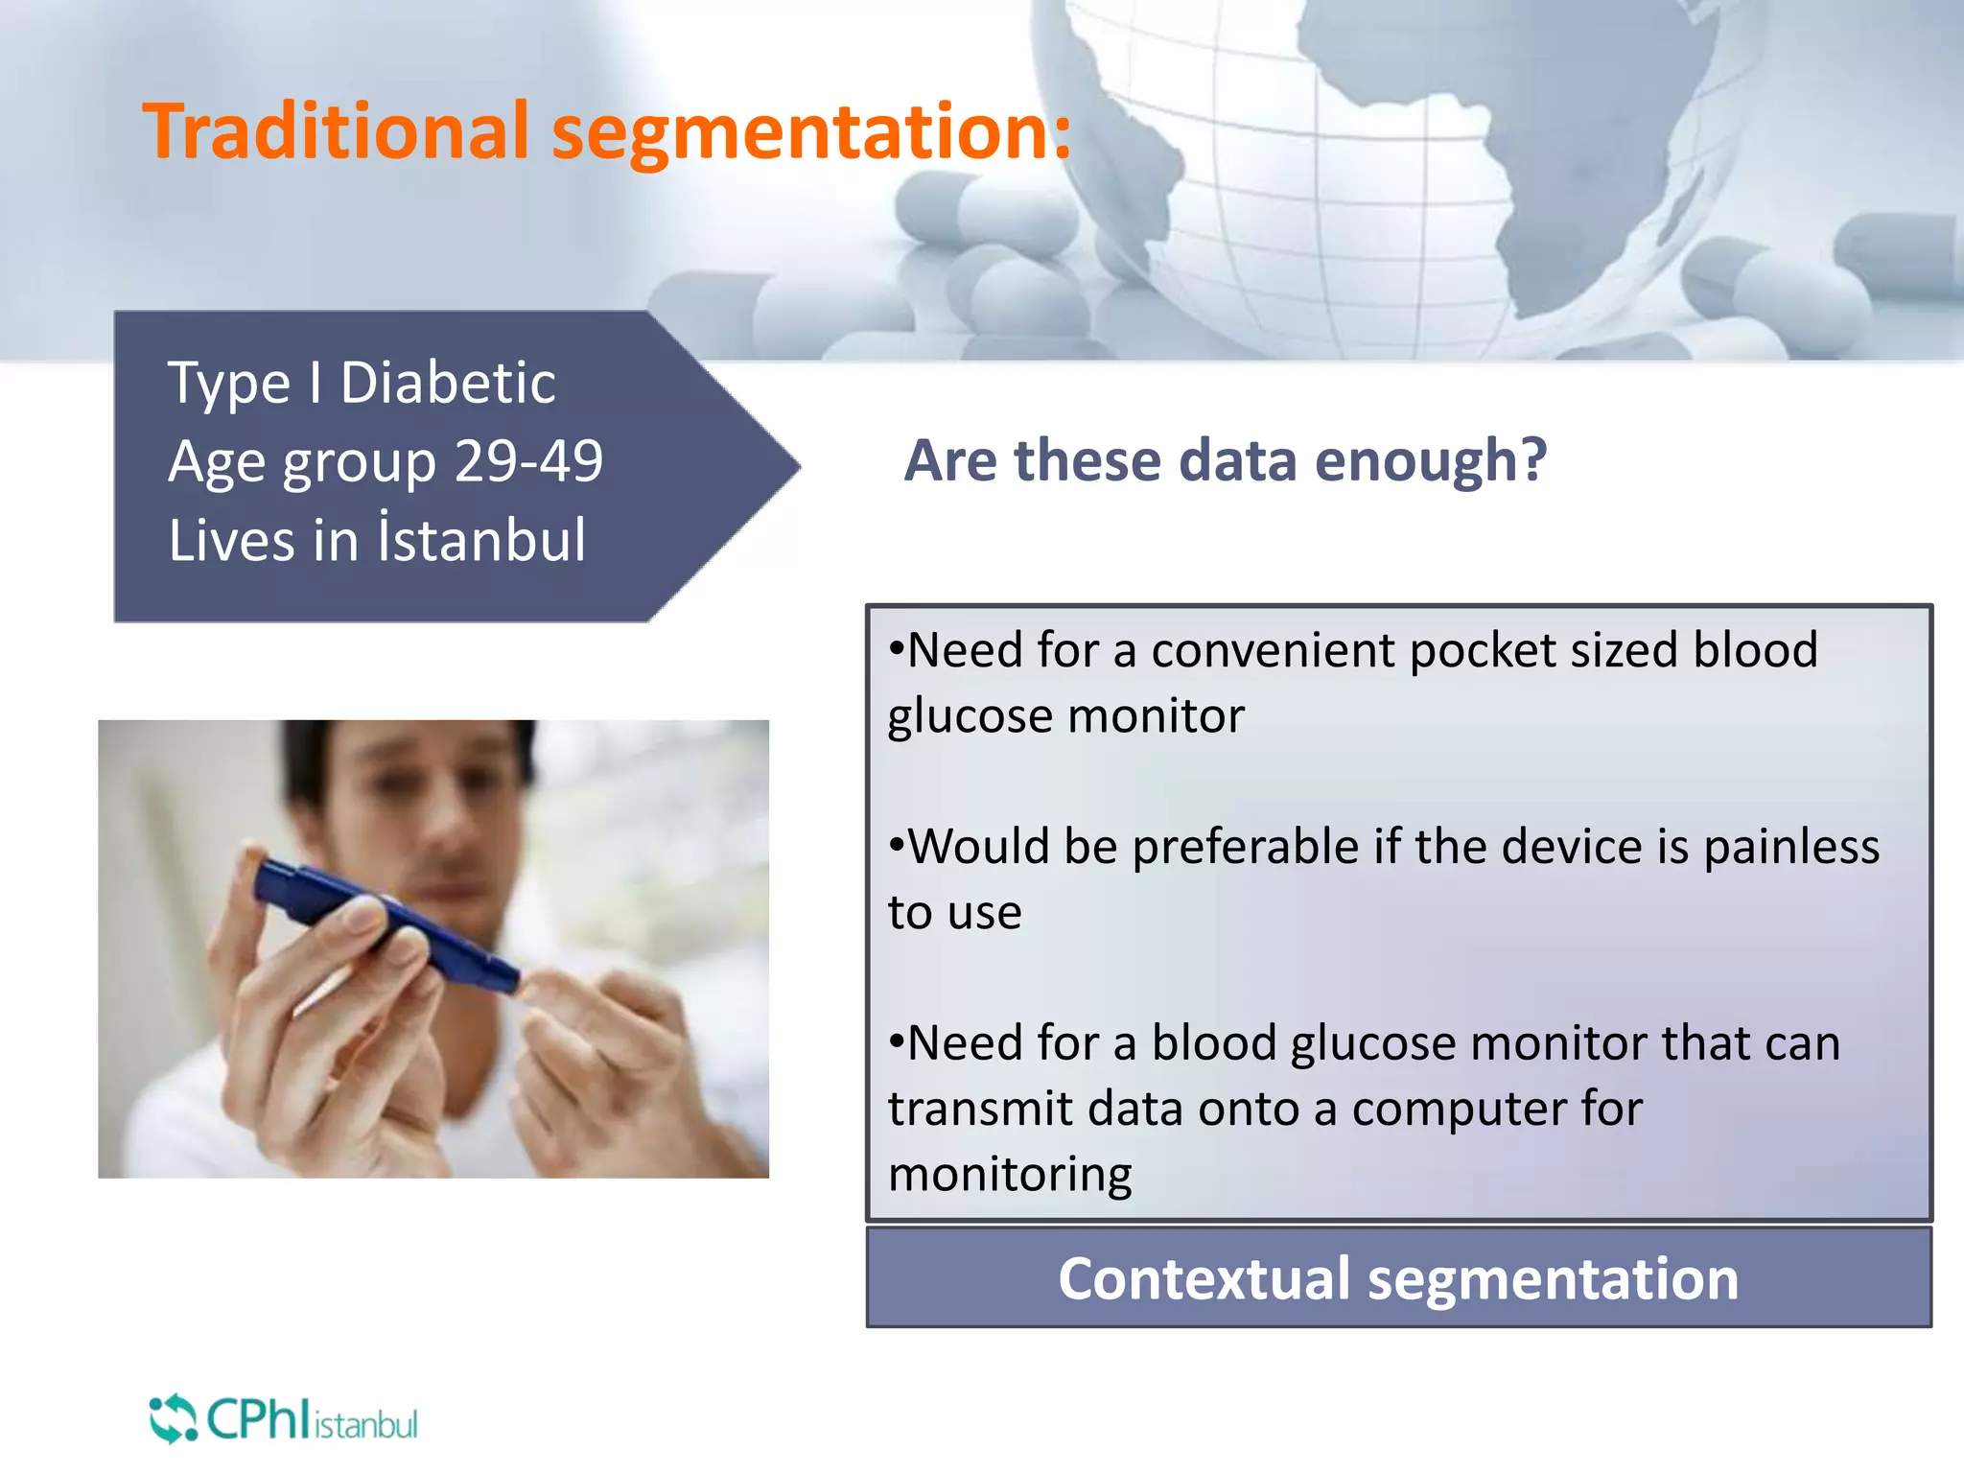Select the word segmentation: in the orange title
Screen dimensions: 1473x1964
[x=810, y=132]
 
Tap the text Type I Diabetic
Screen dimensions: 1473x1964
[x=362, y=384]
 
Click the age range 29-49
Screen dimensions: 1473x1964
[x=528, y=461]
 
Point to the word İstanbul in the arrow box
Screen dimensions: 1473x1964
[x=482, y=539]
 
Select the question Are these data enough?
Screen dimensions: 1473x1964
[x=1225, y=460]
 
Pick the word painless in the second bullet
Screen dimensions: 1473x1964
[x=1790, y=847]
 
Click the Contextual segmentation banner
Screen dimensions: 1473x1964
[x=1398, y=1278]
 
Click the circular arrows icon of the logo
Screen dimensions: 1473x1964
[x=173, y=1419]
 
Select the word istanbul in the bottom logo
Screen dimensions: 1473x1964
[x=365, y=1425]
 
